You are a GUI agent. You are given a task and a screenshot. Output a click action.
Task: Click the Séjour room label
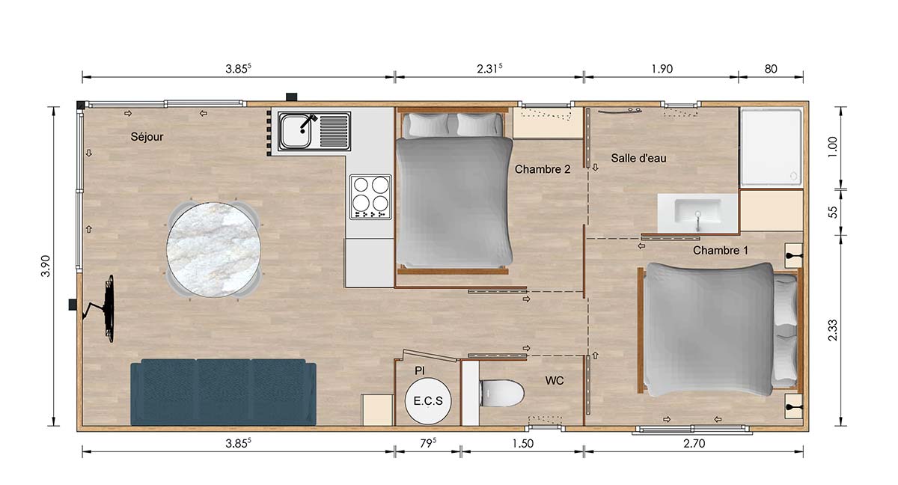pyautogui.click(x=147, y=137)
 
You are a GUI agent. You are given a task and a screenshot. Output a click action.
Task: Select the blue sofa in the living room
pyautogui.click(x=223, y=394)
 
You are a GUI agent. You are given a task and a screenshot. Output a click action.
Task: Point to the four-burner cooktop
pyautogui.click(x=371, y=196)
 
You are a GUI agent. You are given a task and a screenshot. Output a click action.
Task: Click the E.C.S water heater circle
pyautogui.click(x=428, y=401)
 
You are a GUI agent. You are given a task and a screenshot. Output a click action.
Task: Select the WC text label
pyautogui.click(x=555, y=381)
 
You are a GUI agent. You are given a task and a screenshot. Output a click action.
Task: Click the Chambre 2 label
pyautogui.click(x=543, y=170)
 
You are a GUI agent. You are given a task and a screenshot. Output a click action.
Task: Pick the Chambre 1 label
pyautogui.click(x=720, y=250)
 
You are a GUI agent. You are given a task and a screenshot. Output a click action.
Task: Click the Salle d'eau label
pyautogui.click(x=638, y=158)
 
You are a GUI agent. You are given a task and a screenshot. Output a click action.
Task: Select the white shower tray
pyautogui.click(x=771, y=147)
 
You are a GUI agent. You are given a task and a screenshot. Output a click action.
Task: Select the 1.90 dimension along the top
pyautogui.click(x=662, y=69)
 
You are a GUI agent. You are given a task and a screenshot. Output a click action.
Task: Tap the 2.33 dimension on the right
pyautogui.click(x=834, y=329)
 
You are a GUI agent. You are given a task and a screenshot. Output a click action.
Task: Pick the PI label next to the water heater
pyautogui.click(x=419, y=370)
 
